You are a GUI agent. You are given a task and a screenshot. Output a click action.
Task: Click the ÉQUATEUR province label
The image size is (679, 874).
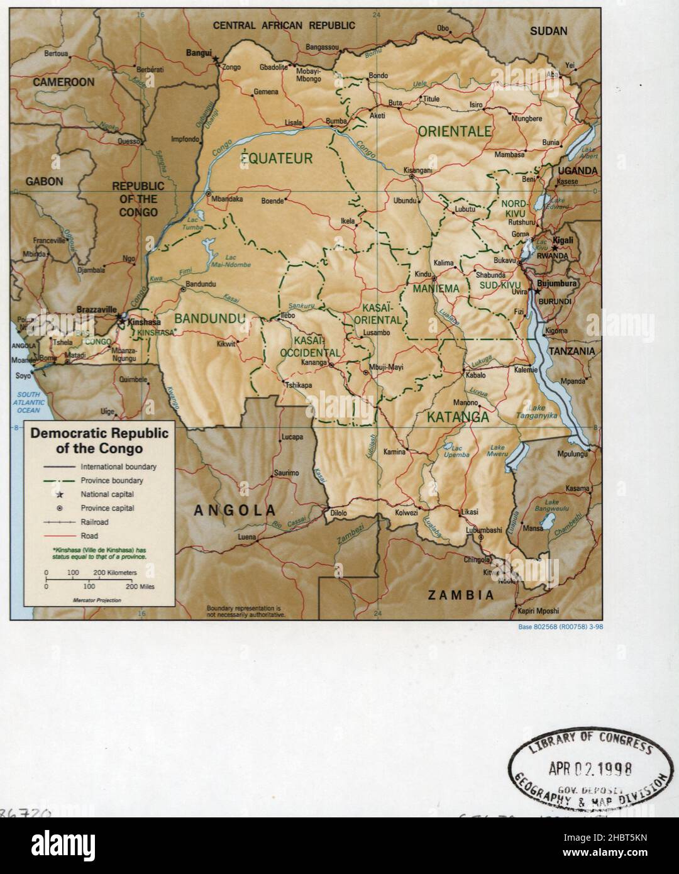click(277, 158)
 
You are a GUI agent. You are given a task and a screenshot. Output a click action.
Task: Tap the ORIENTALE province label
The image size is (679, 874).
click(454, 131)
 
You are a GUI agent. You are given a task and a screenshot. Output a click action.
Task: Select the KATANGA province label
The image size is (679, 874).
click(458, 416)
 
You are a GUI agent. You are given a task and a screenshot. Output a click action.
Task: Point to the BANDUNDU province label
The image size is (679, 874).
click(209, 319)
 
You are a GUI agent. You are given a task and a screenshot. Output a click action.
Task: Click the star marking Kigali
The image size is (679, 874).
click(555, 248)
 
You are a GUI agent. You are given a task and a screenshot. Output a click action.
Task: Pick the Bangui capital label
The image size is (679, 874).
click(200, 53)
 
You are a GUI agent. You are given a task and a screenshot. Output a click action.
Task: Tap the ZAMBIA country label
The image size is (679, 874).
click(460, 595)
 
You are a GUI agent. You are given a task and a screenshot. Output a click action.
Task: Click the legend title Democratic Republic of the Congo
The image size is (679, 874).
click(99, 441)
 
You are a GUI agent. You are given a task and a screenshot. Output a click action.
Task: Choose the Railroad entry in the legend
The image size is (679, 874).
click(94, 522)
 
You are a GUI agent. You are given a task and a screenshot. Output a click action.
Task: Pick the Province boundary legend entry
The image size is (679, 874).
click(111, 480)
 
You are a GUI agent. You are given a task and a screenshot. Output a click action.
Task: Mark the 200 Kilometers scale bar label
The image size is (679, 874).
click(115, 573)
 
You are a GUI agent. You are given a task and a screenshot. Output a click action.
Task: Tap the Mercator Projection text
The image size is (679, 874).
click(97, 600)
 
